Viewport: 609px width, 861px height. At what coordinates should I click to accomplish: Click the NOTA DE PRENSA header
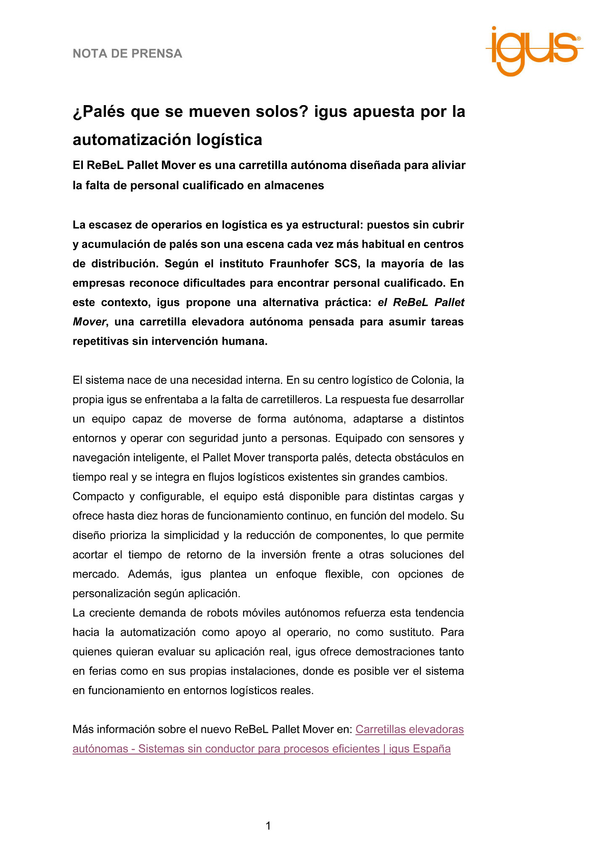coord(127,54)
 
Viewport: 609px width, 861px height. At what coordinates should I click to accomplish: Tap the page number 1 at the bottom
coord(268,826)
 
